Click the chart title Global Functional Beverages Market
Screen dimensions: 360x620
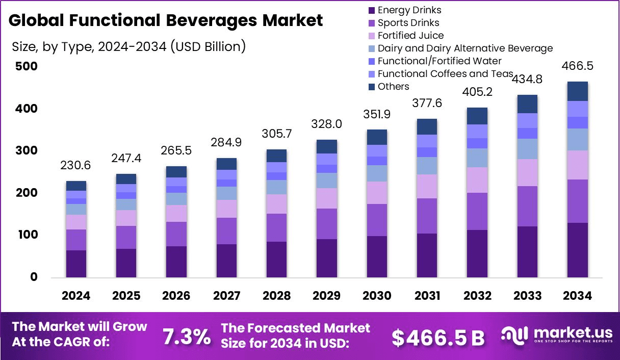pyautogui.click(x=166, y=20)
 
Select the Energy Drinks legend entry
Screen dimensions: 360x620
pyautogui.click(x=409, y=10)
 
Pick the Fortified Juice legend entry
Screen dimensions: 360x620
pyautogui.click(x=410, y=36)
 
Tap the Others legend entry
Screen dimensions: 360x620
pyautogui.click(x=393, y=87)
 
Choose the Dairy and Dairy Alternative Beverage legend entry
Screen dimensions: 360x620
pyautogui.click(x=465, y=48)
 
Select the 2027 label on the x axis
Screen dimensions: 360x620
pyautogui.click(x=226, y=296)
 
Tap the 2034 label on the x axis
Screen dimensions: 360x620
pyautogui.click(x=577, y=296)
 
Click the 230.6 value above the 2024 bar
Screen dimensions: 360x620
pyautogui.click(x=76, y=167)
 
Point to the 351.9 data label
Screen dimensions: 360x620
pyautogui.click(x=376, y=115)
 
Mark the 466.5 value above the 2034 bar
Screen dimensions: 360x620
pyautogui.click(x=577, y=67)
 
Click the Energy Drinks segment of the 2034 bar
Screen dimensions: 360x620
pyautogui.click(x=577, y=250)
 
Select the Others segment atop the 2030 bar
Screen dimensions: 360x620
pyautogui.click(x=376, y=137)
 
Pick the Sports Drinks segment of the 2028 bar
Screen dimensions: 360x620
pyautogui.click(x=276, y=227)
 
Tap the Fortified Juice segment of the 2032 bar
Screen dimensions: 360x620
pyautogui.click(x=477, y=180)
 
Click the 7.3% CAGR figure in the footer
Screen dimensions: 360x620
pyautogui.click(x=186, y=337)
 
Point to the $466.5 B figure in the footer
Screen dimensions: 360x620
pyautogui.click(x=438, y=337)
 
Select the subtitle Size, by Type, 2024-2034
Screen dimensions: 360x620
pyautogui.click(x=129, y=47)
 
